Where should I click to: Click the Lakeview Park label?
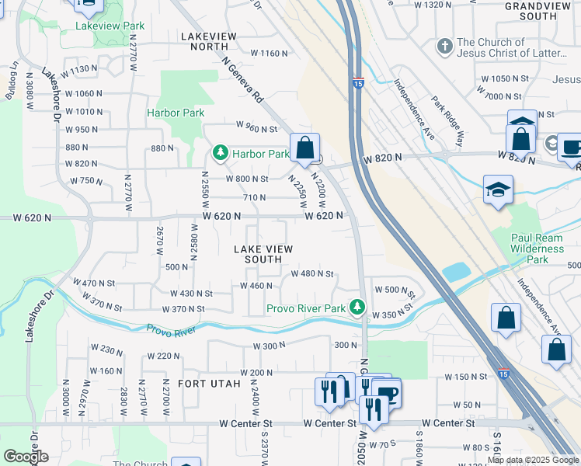pos(110,26)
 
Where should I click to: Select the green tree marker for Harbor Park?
pos(221,153)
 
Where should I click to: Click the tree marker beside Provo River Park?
pos(357,308)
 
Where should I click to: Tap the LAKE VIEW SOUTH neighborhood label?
pos(264,254)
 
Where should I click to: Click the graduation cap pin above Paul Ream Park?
pos(497,190)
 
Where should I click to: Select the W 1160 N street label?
pos(269,54)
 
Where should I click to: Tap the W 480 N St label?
pos(311,273)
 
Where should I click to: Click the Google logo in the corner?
pos(26,457)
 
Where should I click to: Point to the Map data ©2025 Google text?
pos(533,460)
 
